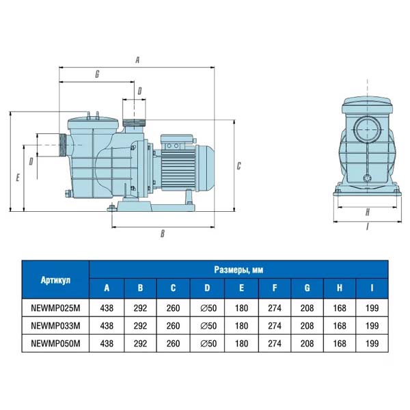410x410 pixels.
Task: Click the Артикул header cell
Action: point(55,279)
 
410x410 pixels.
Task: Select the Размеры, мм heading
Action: point(238,270)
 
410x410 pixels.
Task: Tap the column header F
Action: point(275,288)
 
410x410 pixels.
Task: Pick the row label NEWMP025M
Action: point(55,308)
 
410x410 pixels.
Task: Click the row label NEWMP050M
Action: point(55,343)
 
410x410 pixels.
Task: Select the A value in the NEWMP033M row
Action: point(107,326)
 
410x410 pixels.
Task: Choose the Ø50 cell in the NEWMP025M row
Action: point(208,308)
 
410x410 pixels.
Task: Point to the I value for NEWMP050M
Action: point(372,343)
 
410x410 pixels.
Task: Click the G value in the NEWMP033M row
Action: point(307,326)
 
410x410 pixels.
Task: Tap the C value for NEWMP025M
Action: point(173,308)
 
